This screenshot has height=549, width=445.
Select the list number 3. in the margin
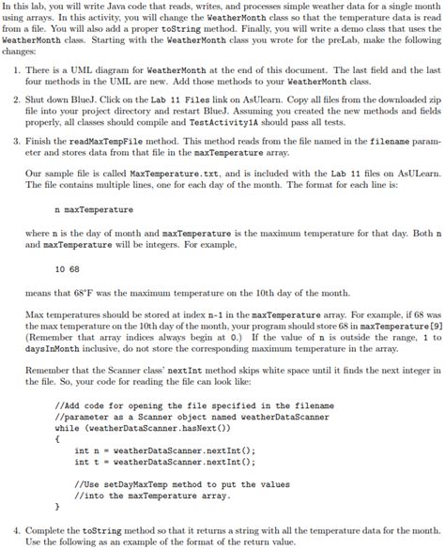(10, 140)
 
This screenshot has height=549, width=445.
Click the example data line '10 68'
(67, 268)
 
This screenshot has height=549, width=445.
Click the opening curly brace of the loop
(58, 438)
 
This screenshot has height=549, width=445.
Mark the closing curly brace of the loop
(58, 507)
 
